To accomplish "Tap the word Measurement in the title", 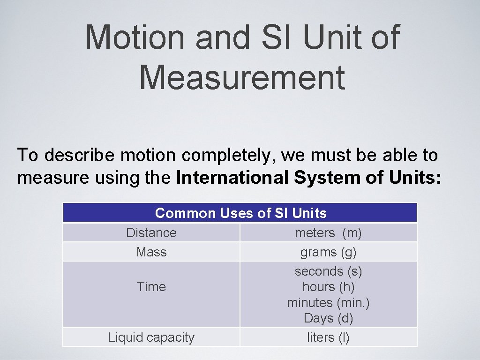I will coord(242,78).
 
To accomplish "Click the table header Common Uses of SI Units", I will coord(240,213).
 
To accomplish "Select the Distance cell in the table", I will coord(151,232).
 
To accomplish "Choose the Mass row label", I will coord(151,252).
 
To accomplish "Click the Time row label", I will coord(151,287).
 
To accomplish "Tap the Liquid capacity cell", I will coord(151,337).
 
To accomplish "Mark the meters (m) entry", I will coord(328,232).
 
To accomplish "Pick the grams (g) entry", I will coord(328,253).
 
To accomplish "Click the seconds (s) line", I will coord(328,271).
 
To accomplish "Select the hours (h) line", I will coord(328,287).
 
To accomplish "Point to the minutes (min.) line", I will coord(328,303).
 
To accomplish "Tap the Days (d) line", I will coord(328,318).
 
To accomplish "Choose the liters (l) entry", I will coord(328,337).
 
